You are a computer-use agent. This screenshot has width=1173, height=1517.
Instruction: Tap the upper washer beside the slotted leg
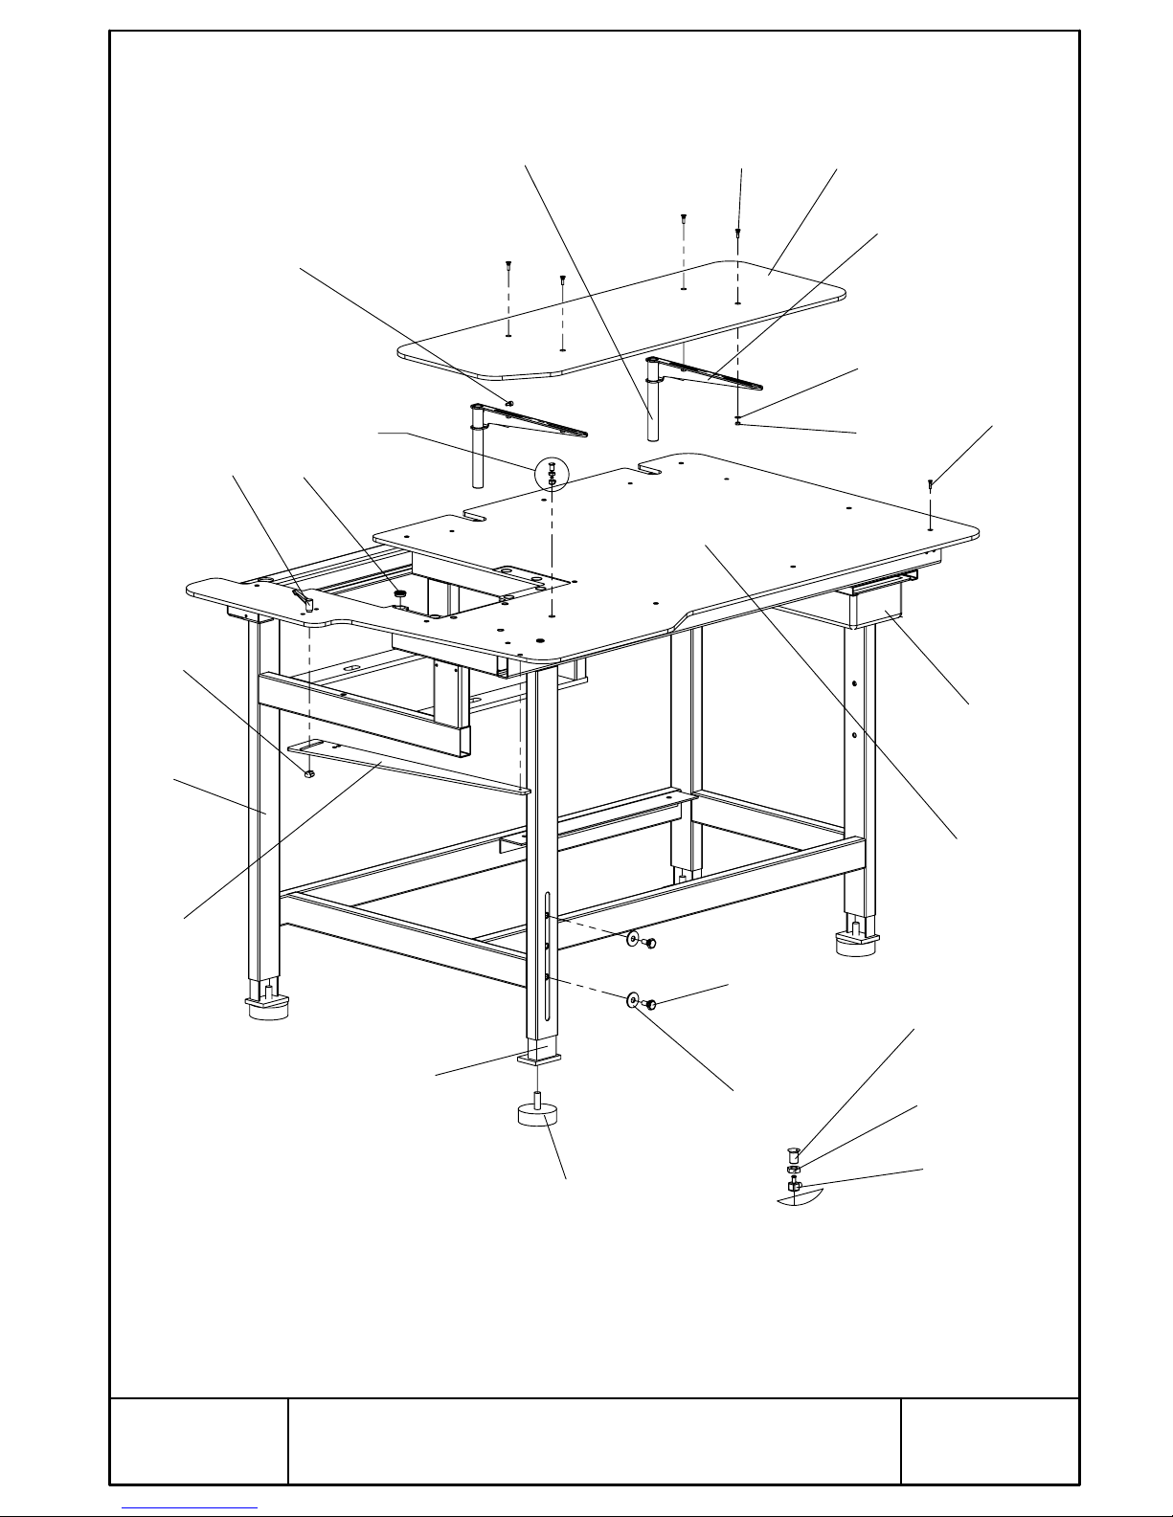point(634,939)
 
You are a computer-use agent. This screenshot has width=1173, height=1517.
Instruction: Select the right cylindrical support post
point(653,412)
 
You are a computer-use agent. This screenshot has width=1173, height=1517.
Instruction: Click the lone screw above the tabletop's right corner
point(930,486)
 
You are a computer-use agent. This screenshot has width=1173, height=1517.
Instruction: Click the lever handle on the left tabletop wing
point(304,600)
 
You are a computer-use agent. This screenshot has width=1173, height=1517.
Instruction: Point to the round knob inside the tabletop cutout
point(399,596)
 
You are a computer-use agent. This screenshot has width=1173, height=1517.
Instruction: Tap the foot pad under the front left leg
point(268,1007)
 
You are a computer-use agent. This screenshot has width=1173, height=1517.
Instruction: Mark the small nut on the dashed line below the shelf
point(737,419)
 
